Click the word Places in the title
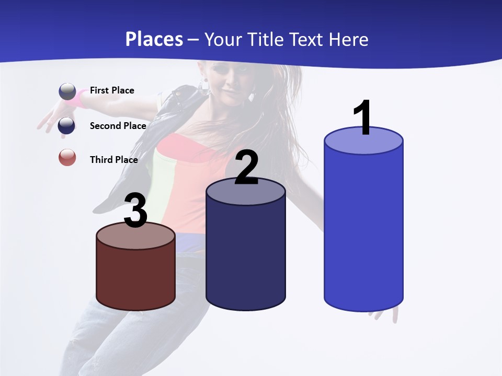(x=154, y=39)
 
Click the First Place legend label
(x=112, y=90)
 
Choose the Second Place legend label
(x=118, y=125)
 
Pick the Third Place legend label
(x=114, y=160)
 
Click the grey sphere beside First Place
(x=67, y=91)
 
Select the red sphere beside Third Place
(x=67, y=157)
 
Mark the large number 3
(x=136, y=211)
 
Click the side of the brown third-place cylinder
(x=136, y=277)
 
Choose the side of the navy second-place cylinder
(x=246, y=256)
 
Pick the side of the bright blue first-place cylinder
(x=363, y=230)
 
